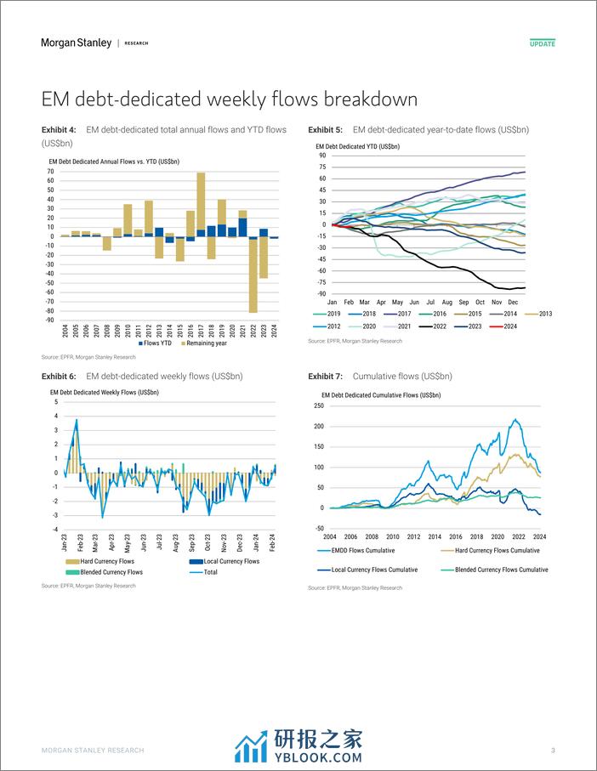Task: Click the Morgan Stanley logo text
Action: click(76, 43)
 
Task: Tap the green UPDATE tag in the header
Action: click(542, 43)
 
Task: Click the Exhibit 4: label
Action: click(59, 130)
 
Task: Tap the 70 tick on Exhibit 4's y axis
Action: click(51, 171)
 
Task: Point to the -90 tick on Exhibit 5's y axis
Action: click(321, 293)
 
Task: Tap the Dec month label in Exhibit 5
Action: click(513, 302)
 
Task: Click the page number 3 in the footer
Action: click(553, 751)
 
